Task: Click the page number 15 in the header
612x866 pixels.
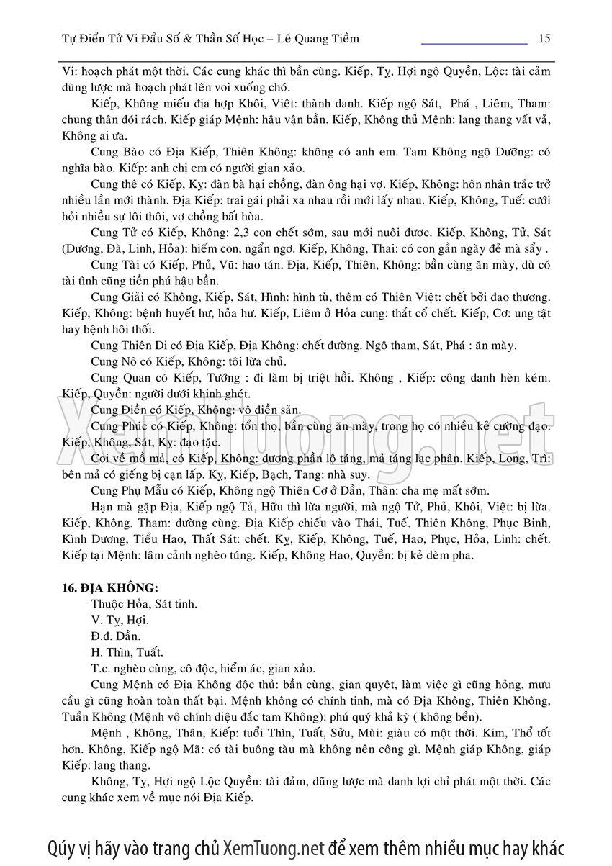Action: [544, 38]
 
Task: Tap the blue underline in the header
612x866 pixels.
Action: [474, 44]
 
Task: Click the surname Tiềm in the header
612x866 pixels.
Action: [344, 38]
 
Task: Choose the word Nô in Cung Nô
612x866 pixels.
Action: [133, 361]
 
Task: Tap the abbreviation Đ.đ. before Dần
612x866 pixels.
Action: [102, 636]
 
